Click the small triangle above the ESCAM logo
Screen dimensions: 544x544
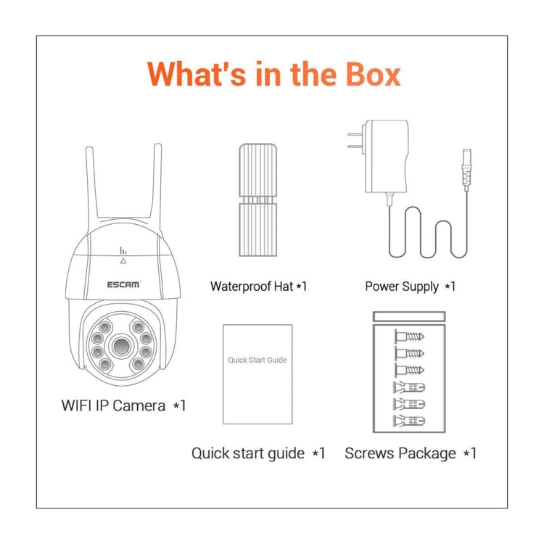click(x=123, y=260)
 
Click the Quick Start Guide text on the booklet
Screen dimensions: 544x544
click(x=257, y=360)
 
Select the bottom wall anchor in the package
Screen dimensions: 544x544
click(x=409, y=421)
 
